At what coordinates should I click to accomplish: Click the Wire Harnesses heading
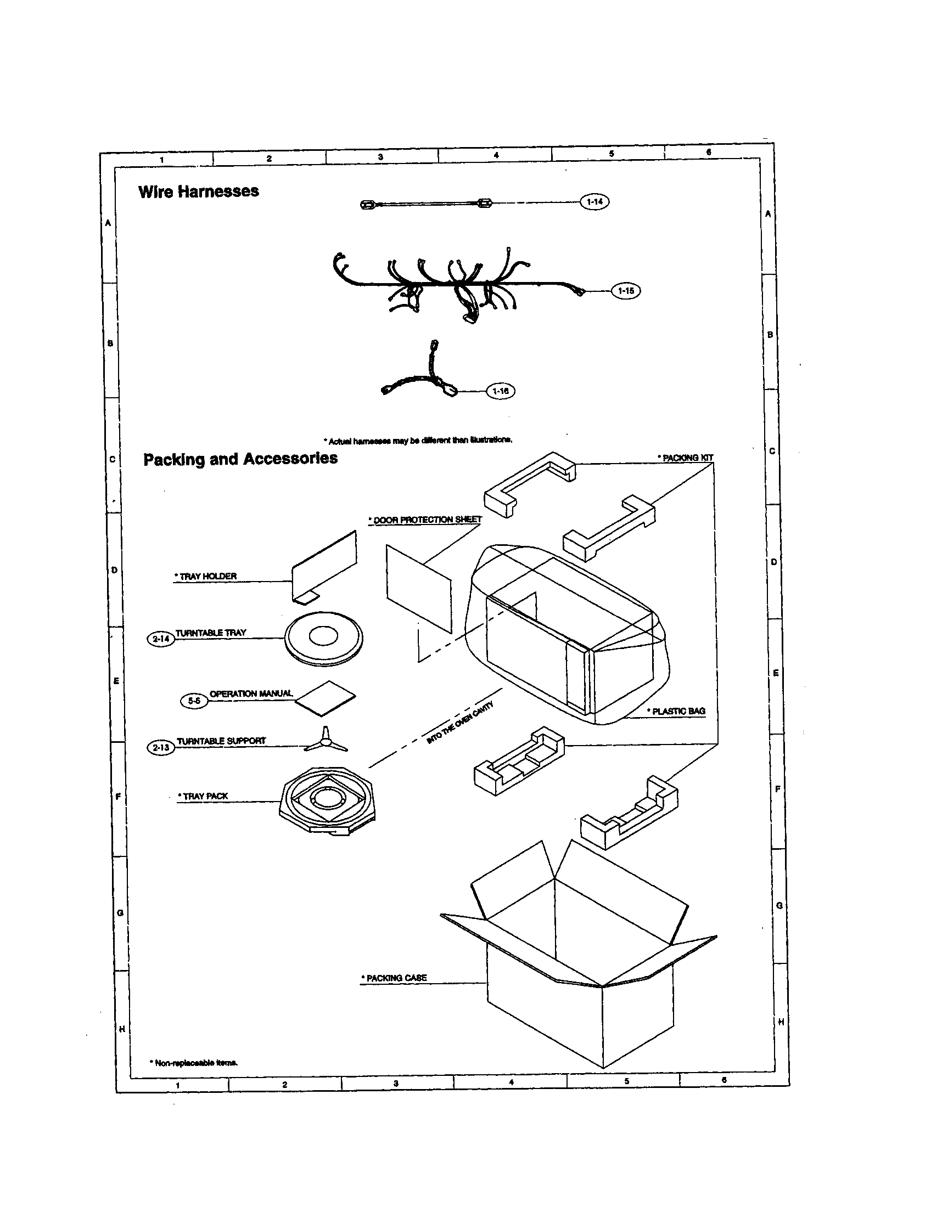199,192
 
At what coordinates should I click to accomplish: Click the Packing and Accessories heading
240,459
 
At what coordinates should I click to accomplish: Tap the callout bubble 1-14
594,202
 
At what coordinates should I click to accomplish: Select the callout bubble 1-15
625,291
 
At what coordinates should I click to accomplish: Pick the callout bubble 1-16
500,391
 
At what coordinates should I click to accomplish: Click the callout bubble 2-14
160,639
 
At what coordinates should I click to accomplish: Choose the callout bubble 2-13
160,748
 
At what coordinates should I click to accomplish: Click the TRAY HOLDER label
206,577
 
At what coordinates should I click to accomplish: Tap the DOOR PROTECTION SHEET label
425,520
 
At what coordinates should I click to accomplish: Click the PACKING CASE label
394,978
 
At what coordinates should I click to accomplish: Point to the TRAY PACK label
203,797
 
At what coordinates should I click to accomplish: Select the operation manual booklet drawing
326,699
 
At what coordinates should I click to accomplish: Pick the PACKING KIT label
686,458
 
